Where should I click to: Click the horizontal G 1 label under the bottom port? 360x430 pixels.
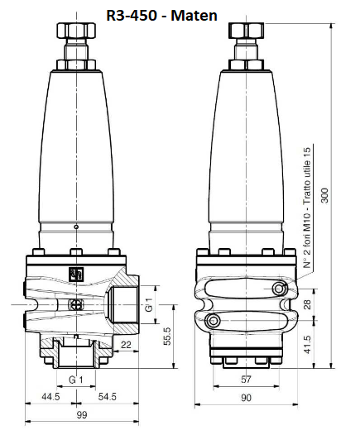[76, 380]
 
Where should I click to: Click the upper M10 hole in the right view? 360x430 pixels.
[279, 288]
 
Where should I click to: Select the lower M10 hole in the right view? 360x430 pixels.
[214, 320]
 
